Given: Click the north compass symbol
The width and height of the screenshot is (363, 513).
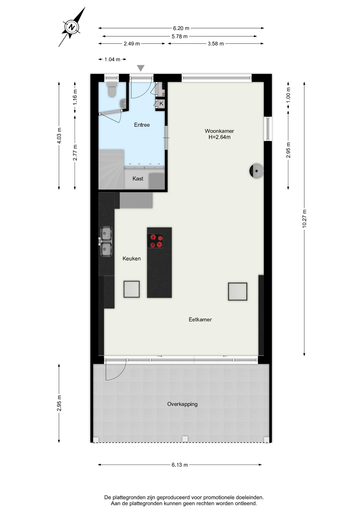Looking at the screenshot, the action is pyautogui.click(x=71, y=27).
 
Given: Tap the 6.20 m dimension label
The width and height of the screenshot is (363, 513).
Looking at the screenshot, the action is pyautogui.click(x=181, y=28).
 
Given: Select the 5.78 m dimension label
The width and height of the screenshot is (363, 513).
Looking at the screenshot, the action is pyautogui.click(x=180, y=36).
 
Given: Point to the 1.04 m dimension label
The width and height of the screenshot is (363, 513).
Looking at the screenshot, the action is pyautogui.click(x=112, y=60).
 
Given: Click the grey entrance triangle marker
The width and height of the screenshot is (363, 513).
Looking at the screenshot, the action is pyautogui.click(x=141, y=68).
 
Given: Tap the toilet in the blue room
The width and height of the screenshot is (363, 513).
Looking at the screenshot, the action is pyautogui.click(x=112, y=89).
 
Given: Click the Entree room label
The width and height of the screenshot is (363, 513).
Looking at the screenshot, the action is pyautogui.click(x=142, y=125).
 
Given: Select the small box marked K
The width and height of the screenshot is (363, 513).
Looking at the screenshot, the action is pyautogui.click(x=161, y=103).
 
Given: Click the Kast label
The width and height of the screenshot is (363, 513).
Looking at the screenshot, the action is pyautogui.click(x=138, y=178).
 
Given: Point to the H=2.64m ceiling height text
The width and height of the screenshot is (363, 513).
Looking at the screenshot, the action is pyautogui.click(x=219, y=137).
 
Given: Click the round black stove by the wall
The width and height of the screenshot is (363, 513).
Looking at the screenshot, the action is pyautogui.click(x=256, y=171).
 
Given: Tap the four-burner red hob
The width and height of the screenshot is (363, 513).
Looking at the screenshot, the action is pyautogui.click(x=155, y=241).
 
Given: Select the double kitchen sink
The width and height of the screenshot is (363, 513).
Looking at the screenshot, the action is pyautogui.click(x=106, y=242).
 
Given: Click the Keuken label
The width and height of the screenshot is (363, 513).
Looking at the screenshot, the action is pyautogui.click(x=132, y=258).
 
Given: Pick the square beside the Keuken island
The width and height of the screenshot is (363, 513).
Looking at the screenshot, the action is pyautogui.click(x=132, y=289).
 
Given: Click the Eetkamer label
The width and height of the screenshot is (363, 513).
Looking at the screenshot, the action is pyautogui.click(x=200, y=320).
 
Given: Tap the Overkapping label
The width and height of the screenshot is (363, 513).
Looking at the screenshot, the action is pyautogui.click(x=182, y=404).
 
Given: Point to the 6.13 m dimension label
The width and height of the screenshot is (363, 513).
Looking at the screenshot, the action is pyautogui.click(x=180, y=465).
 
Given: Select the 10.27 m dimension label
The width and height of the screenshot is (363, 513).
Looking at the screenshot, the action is pyautogui.click(x=304, y=219).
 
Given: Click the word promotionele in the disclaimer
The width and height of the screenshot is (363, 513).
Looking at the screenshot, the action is pyautogui.click(x=219, y=498).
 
